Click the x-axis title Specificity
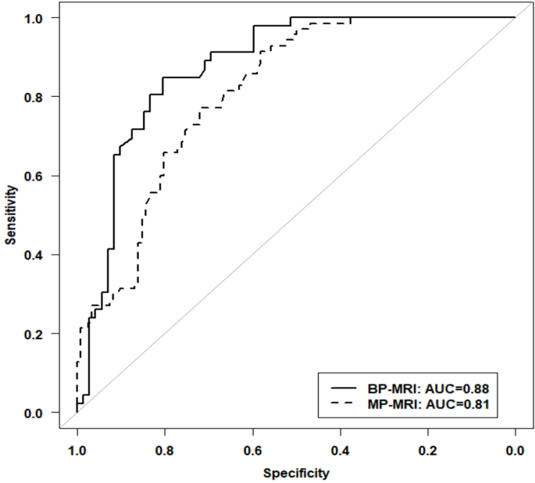(x=295, y=474)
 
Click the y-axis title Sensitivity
(x=11, y=214)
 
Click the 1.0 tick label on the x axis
(x=77, y=450)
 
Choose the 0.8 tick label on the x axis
(x=164, y=450)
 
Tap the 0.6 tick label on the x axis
(x=252, y=450)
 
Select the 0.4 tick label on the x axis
(x=340, y=450)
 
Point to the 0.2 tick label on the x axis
(x=427, y=450)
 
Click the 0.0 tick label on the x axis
(x=515, y=450)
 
